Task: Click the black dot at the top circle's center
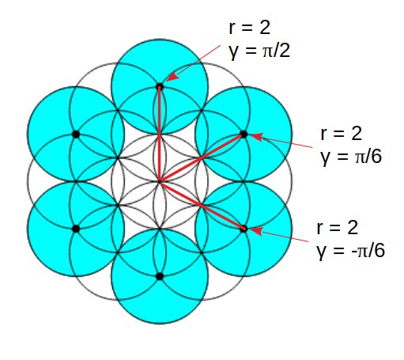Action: (x=160, y=86)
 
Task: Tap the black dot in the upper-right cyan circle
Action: (x=244, y=135)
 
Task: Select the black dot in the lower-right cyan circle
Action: (x=244, y=229)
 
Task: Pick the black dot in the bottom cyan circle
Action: (x=160, y=276)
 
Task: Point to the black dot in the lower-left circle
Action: (x=76, y=229)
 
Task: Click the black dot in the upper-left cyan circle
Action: (x=76, y=135)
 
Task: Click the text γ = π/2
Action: (x=259, y=51)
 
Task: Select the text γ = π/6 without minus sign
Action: (x=351, y=157)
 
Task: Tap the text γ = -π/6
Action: (x=350, y=251)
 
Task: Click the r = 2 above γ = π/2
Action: (x=250, y=27)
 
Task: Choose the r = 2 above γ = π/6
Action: (x=342, y=134)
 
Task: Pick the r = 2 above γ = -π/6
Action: (x=338, y=228)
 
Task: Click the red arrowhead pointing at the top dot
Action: (x=172, y=77)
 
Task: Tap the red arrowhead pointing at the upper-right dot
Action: (x=256, y=137)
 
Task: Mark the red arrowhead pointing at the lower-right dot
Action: (x=256, y=231)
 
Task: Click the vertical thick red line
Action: (x=160, y=134)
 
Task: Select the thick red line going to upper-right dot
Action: (x=202, y=157)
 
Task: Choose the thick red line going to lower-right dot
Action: (x=202, y=206)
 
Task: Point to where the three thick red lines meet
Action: (x=160, y=182)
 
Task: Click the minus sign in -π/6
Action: (x=354, y=252)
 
